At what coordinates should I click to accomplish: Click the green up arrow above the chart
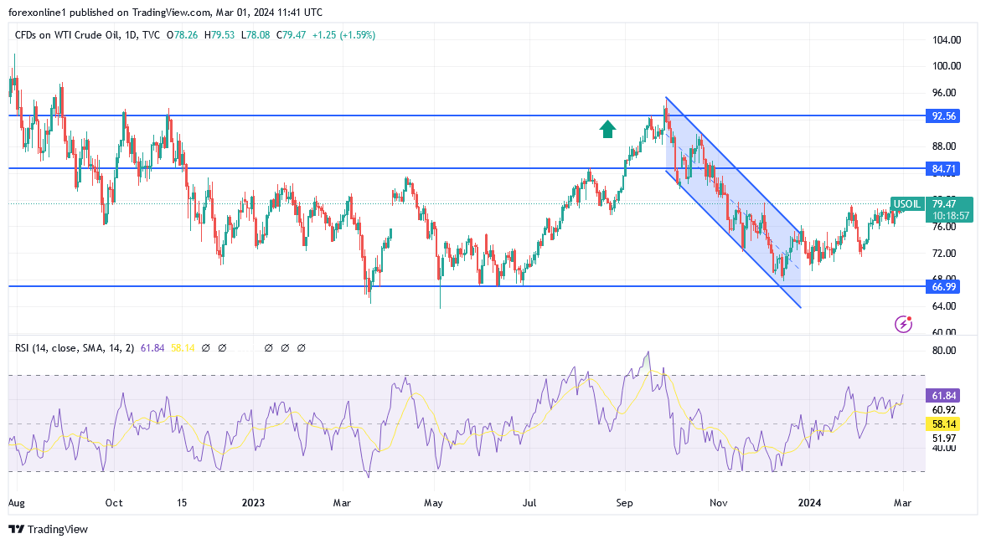(607, 128)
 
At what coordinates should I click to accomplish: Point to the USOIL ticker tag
(907, 203)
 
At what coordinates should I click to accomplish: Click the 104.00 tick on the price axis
(946, 40)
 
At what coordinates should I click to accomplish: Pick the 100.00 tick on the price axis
(946, 66)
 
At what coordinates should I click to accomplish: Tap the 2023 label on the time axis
(252, 503)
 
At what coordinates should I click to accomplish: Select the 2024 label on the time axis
(808, 503)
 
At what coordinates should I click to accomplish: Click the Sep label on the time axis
(624, 503)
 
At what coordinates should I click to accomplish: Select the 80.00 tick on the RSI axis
(944, 351)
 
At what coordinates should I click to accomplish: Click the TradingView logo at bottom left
(48, 529)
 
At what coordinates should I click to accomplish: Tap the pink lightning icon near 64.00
(903, 324)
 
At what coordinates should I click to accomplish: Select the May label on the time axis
(434, 503)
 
